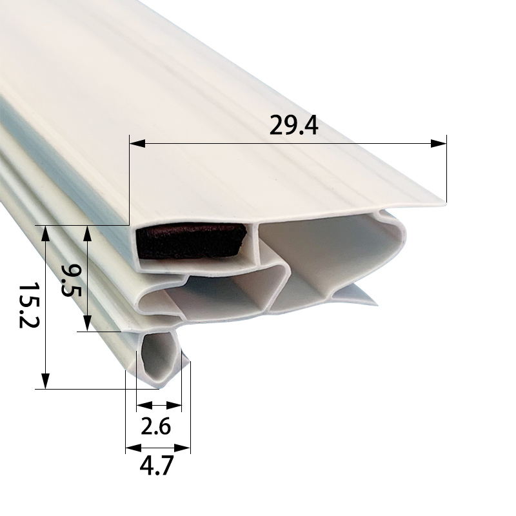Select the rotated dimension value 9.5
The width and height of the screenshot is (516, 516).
coord(70,281)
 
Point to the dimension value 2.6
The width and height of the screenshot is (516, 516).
coord(155,426)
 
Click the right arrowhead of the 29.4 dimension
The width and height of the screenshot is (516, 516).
coord(440,143)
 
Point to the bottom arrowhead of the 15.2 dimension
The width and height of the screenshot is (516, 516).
coord(45,382)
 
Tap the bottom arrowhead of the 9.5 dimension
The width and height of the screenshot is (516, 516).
coord(88,324)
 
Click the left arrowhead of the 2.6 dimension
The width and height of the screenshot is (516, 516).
coord(142,406)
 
